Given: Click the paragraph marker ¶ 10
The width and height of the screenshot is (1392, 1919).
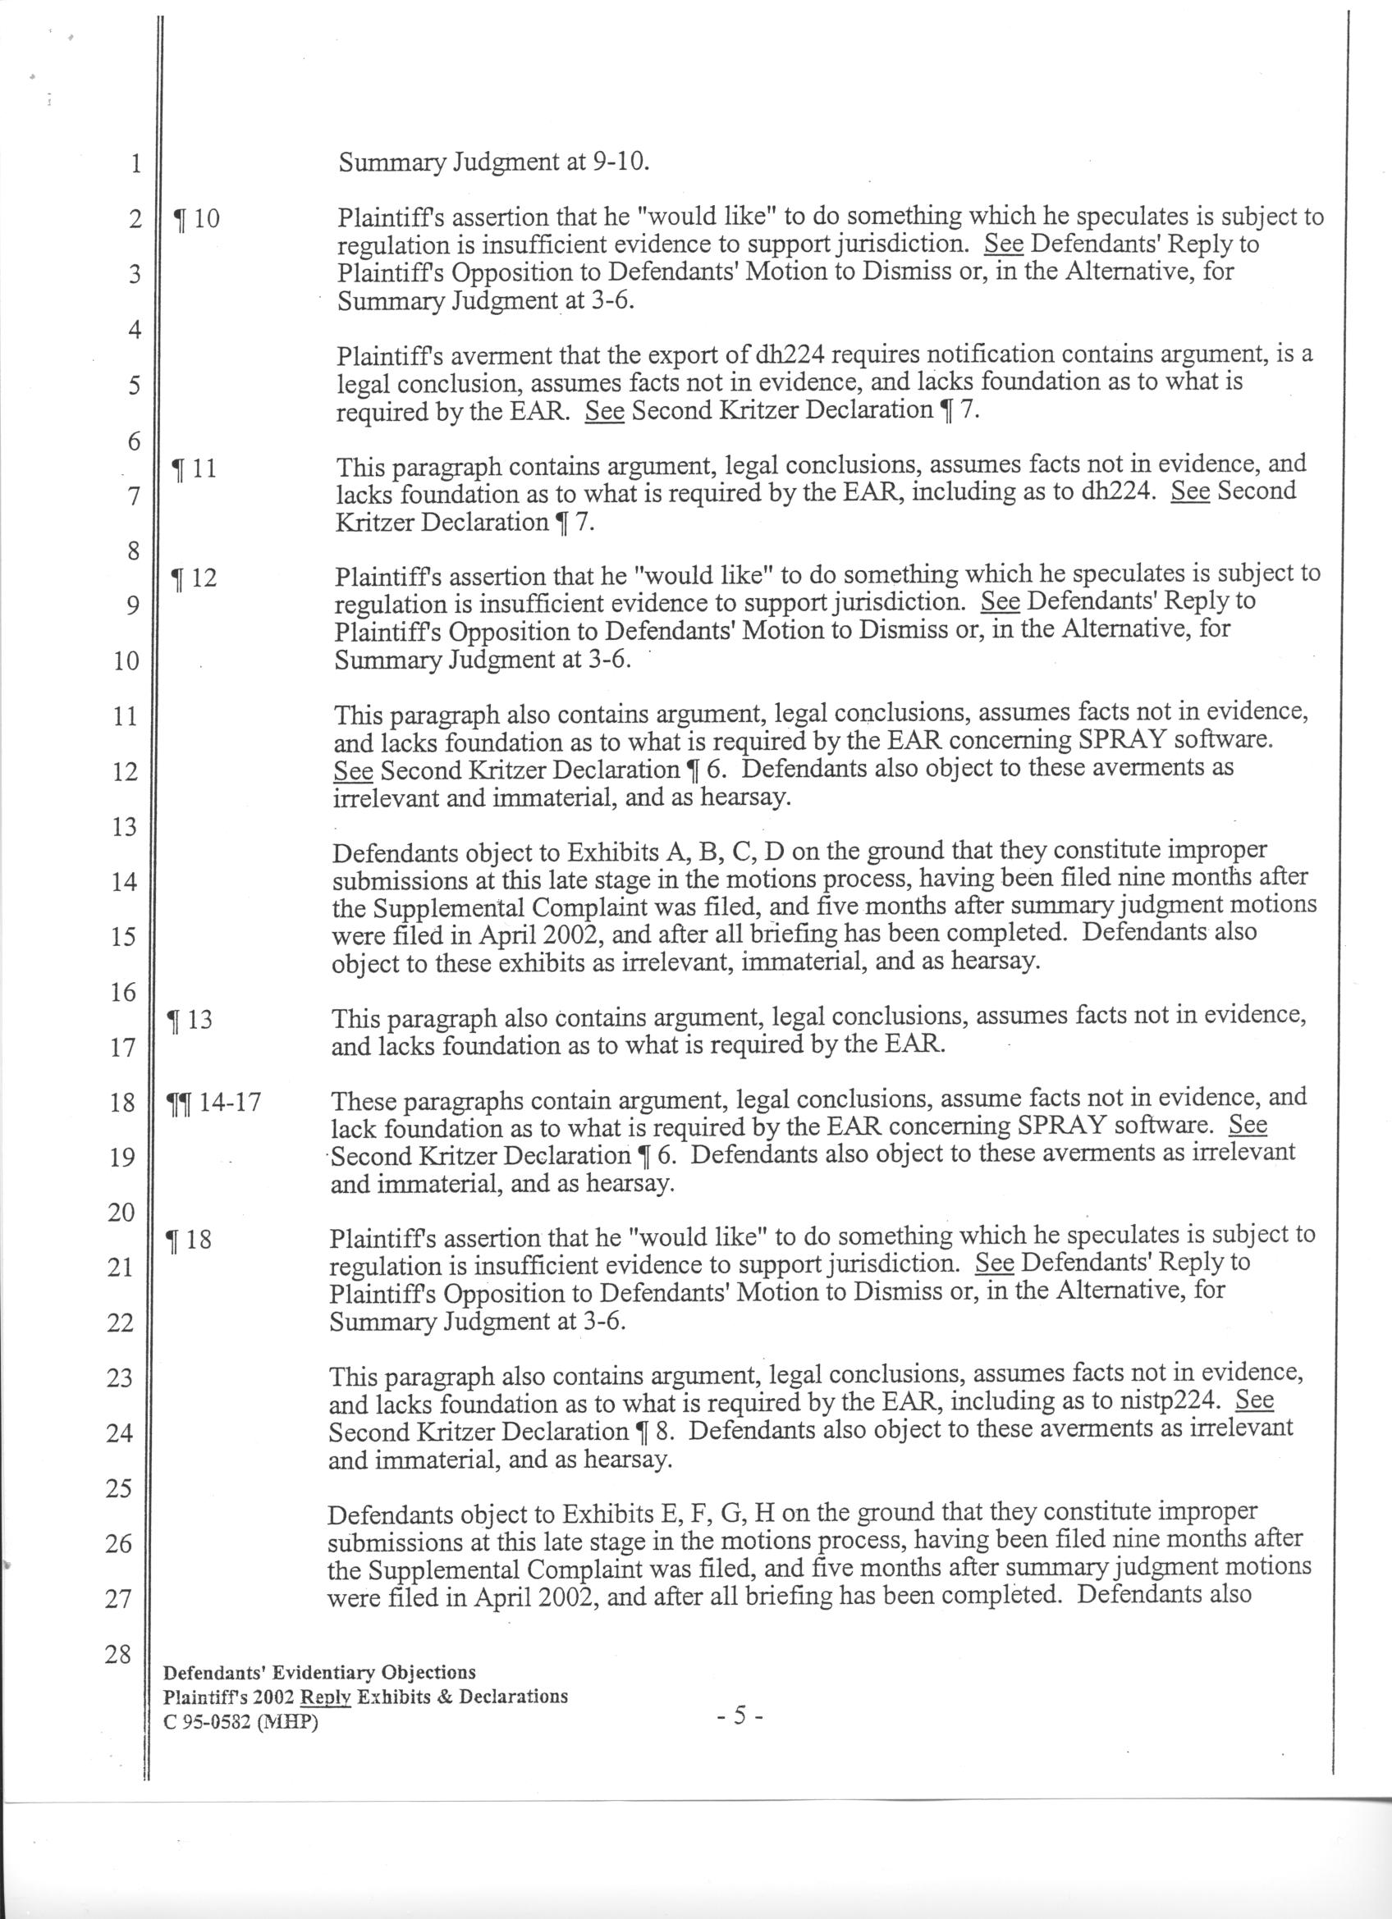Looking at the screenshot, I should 195,219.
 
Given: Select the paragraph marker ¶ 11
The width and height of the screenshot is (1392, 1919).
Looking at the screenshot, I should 194,468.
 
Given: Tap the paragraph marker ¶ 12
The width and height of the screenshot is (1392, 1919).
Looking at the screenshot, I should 194,578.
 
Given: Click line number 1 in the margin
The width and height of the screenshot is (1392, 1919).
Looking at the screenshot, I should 134,163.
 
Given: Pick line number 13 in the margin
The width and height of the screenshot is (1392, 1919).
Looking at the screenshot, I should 124,827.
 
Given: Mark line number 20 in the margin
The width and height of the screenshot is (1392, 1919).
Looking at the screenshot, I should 121,1213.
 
